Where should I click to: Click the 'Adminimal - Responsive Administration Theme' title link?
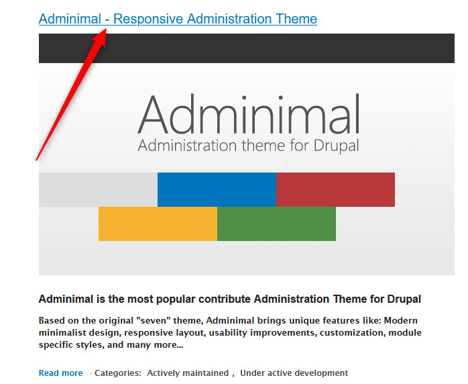click(178, 19)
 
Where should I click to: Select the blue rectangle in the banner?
click(217, 189)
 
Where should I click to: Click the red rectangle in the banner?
click(335, 189)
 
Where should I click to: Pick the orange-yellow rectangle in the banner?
click(158, 224)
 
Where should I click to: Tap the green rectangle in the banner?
click(276, 224)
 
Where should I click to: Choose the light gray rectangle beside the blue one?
click(98, 189)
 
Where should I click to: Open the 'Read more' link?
click(60, 373)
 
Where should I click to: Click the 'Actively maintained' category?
click(188, 373)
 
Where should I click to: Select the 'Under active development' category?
click(294, 373)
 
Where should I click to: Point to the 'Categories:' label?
click(117, 373)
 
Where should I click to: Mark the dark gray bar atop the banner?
click(247, 48)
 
